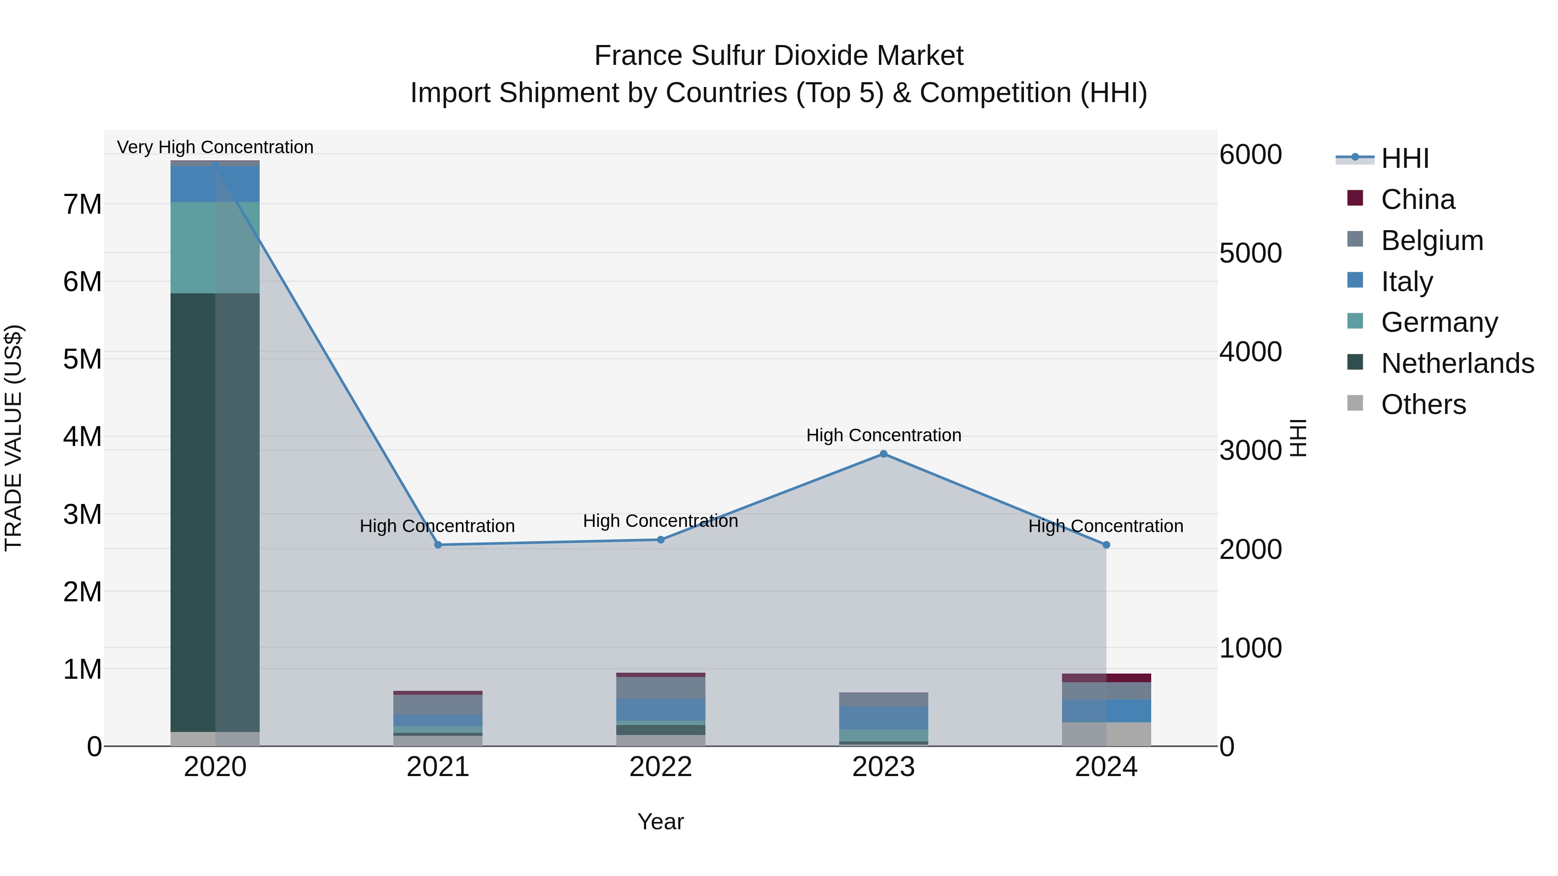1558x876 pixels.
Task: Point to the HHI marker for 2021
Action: [438, 545]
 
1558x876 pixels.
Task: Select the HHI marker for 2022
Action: [660, 540]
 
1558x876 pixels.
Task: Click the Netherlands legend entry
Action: [1456, 363]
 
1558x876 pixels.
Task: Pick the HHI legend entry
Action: [1404, 158]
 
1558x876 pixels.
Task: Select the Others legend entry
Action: [1423, 404]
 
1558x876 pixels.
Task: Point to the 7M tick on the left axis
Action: [82, 204]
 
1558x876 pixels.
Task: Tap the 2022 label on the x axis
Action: [660, 767]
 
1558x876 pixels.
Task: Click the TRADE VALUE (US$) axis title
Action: [13, 438]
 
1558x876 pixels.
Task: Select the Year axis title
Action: [660, 821]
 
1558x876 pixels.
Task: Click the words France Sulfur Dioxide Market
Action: [779, 56]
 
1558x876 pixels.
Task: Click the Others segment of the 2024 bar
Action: [1106, 734]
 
